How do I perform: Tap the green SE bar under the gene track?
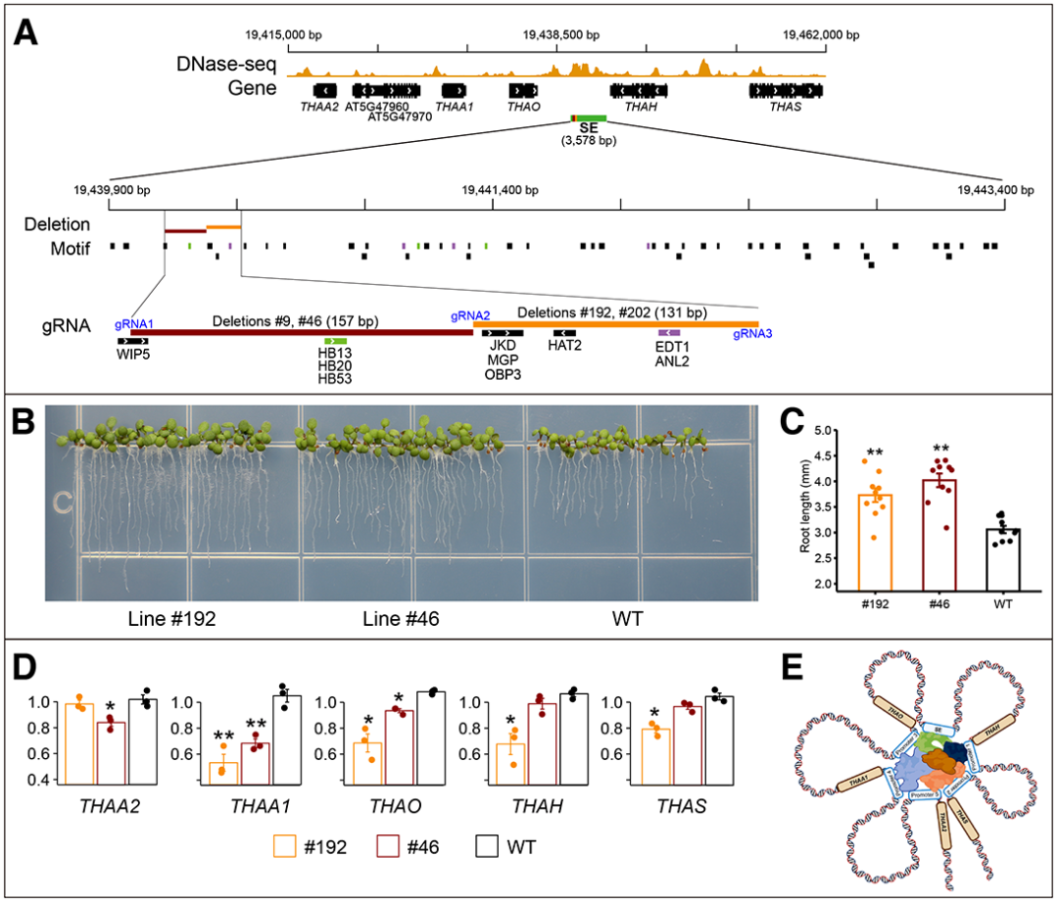tap(592, 119)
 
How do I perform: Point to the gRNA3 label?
tap(752, 334)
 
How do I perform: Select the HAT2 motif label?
tap(563, 346)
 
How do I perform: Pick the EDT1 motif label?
tap(670, 346)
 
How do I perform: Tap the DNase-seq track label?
tap(225, 65)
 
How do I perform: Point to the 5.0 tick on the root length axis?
tap(823, 430)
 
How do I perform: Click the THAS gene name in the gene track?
tap(786, 107)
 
